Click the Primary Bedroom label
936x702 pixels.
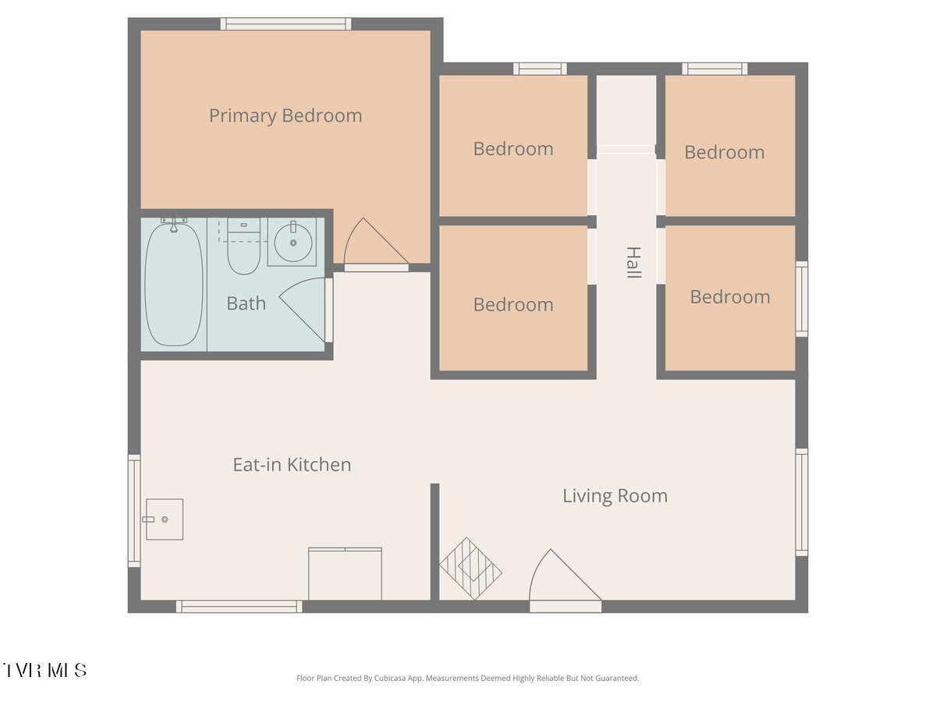point(285,116)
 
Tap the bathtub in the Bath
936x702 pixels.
point(174,284)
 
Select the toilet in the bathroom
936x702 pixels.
point(243,246)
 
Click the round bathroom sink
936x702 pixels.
point(293,243)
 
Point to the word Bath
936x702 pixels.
point(246,303)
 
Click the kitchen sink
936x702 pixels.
point(164,519)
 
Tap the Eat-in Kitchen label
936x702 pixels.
point(292,465)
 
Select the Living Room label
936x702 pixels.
point(615,496)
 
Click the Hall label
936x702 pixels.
point(633,262)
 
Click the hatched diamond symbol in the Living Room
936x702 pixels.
point(470,569)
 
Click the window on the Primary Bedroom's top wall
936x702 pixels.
point(285,24)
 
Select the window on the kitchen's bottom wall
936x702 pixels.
point(239,607)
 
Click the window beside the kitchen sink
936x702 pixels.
point(134,511)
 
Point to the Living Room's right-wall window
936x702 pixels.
point(802,502)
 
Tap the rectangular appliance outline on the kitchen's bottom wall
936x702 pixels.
point(345,574)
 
